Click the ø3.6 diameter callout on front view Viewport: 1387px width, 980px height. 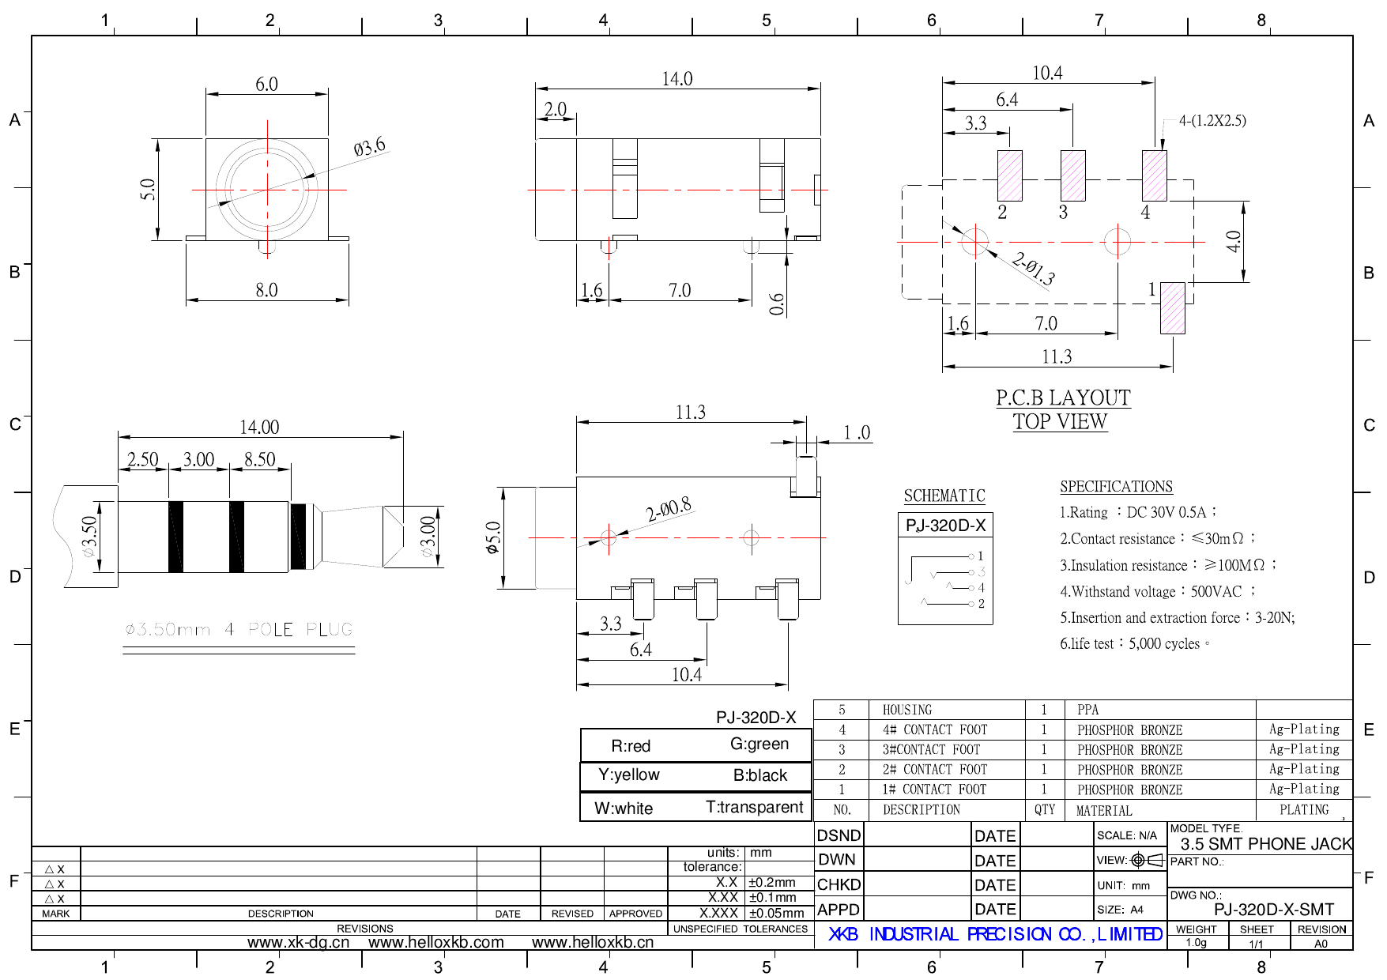click(369, 147)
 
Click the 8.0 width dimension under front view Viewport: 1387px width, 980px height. click(266, 290)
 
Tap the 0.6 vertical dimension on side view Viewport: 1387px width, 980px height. click(777, 304)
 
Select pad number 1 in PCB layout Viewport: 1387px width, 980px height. click(1172, 307)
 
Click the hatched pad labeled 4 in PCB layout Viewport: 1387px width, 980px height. click(1154, 175)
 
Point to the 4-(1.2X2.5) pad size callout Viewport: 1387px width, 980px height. click(1212, 121)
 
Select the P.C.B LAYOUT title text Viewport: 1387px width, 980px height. click(1062, 398)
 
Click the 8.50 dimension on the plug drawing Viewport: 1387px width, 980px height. click(259, 459)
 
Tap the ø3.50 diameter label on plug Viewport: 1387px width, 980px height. click(89, 536)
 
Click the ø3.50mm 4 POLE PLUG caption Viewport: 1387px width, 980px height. click(238, 630)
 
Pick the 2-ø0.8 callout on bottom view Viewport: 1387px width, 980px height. click(668, 509)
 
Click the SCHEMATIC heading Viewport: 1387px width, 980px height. click(944, 496)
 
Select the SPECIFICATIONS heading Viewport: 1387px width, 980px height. click(1116, 487)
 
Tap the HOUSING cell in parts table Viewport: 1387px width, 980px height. click(906, 710)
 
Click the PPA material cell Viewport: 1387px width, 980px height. click(1087, 710)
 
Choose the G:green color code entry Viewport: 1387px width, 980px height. click(759, 744)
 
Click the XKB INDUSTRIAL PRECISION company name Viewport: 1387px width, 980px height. click(994, 934)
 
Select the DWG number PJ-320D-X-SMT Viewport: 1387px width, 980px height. click(1273, 910)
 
